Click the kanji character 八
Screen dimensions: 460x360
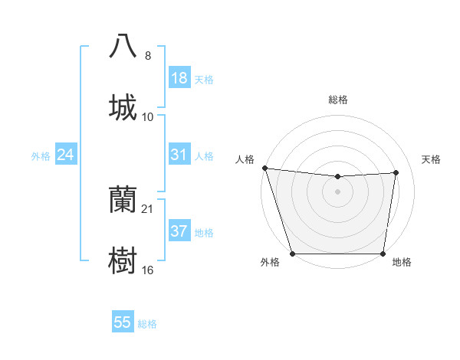[x=123, y=47]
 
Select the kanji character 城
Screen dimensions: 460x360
[x=123, y=108]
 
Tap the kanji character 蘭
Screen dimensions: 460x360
[x=123, y=200]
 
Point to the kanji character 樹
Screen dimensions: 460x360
[x=123, y=261]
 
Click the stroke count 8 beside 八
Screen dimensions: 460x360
[x=148, y=55]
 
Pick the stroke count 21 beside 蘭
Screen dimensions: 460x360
[x=148, y=208]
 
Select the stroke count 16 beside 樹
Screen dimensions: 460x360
[x=148, y=270]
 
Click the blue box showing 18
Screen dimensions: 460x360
[x=179, y=78]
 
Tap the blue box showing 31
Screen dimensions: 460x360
[x=179, y=155]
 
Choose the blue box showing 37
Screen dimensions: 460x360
[x=179, y=231]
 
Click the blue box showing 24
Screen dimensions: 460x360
[x=65, y=155]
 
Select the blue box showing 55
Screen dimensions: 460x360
[x=123, y=322]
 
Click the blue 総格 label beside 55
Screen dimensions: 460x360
[x=147, y=324]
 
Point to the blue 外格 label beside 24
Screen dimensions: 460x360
[x=41, y=156]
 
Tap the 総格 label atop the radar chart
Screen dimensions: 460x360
[x=338, y=100]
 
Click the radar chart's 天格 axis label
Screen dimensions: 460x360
[x=432, y=159]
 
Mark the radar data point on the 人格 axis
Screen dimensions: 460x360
[x=264, y=168]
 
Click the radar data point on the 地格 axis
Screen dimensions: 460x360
[x=383, y=254]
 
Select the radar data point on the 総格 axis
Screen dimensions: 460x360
[x=338, y=177]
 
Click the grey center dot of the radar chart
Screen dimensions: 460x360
[x=338, y=191]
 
